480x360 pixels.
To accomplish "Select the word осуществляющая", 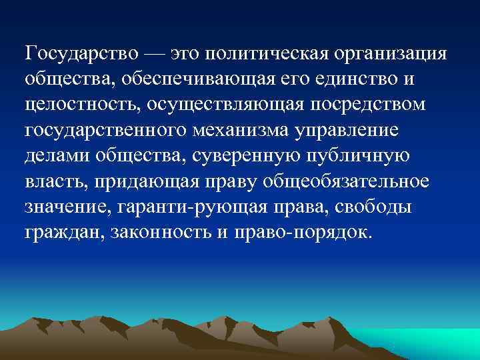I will (215, 104).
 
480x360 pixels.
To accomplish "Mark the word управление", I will (355, 130).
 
